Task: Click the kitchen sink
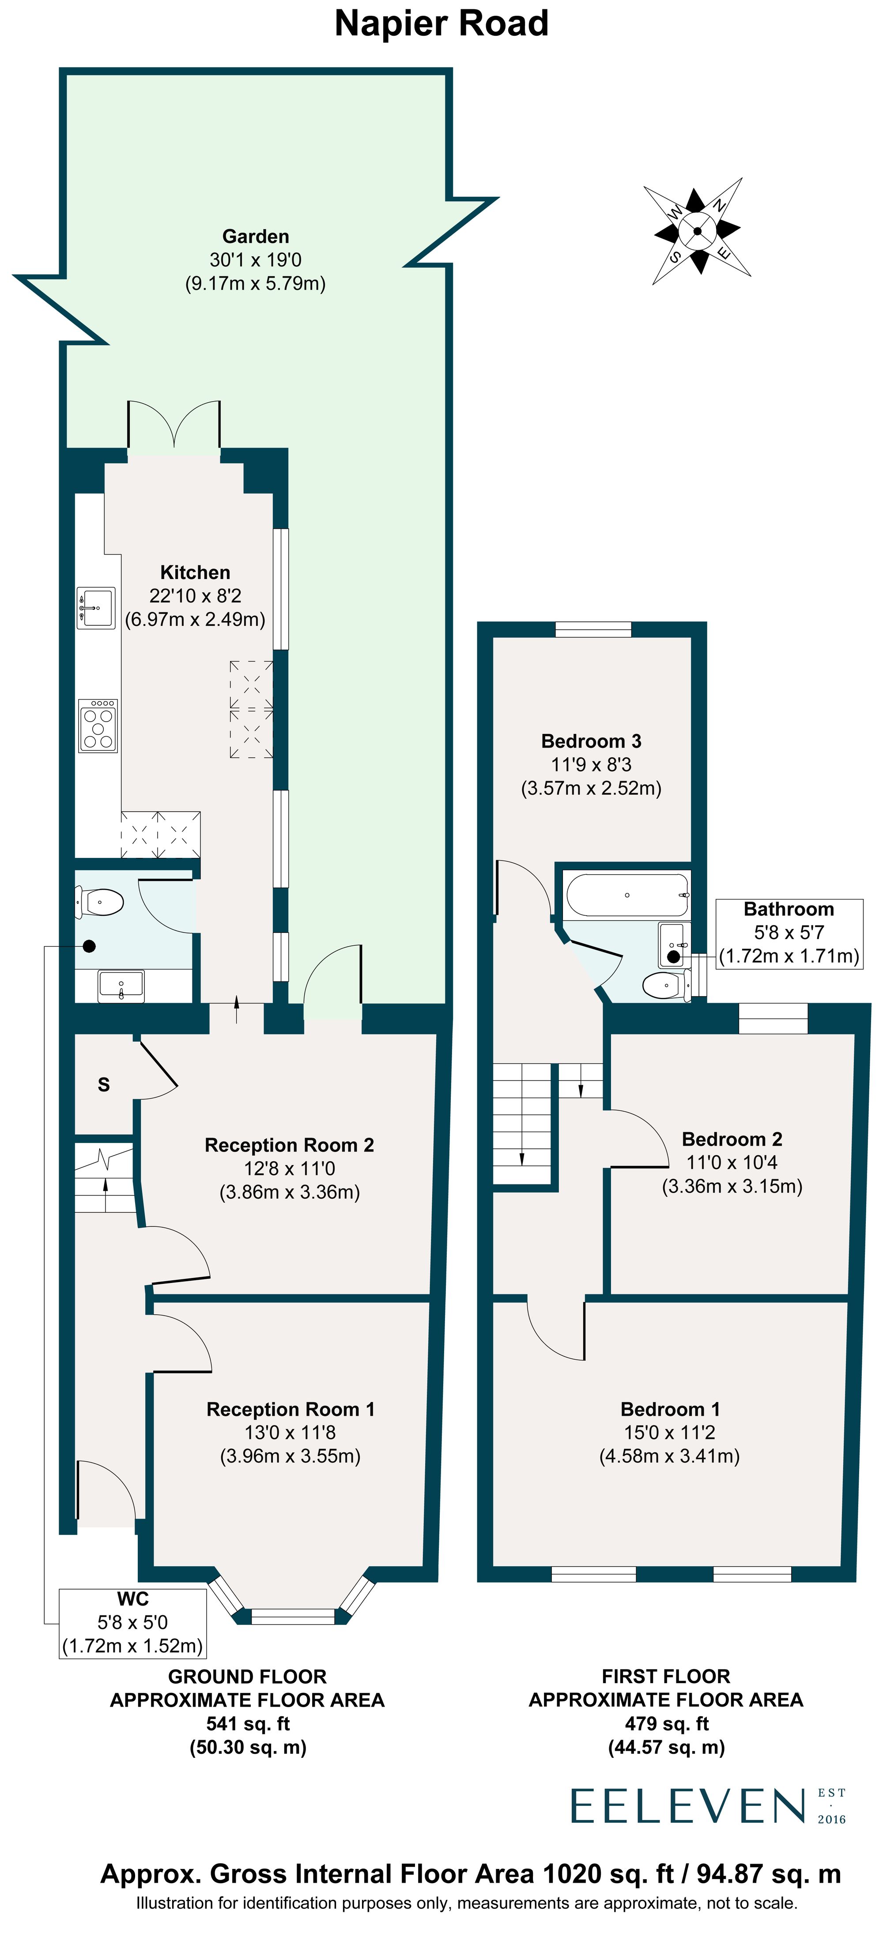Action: click(96, 607)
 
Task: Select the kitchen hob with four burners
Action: click(98, 726)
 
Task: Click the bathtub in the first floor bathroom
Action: click(627, 895)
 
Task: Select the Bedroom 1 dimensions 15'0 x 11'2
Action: click(669, 1433)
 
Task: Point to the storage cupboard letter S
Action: click(104, 1084)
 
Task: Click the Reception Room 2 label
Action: click(289, 1145)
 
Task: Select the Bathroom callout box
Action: click(789, 933)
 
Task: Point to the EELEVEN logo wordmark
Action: click(688, 1806)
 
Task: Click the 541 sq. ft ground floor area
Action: click(247, 1724)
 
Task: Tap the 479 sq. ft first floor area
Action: click(666, 1724)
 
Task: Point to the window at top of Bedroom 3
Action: click(593, 630)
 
